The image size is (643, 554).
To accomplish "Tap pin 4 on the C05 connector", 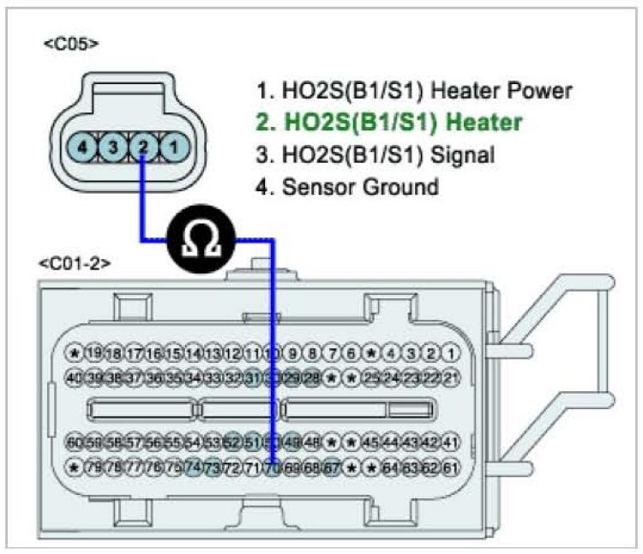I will coord(82,148).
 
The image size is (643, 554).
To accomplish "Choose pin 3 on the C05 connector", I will coord(113,148).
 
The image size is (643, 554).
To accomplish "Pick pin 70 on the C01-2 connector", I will coord(273,468).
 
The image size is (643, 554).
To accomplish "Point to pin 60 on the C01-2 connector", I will coord(75,444).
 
